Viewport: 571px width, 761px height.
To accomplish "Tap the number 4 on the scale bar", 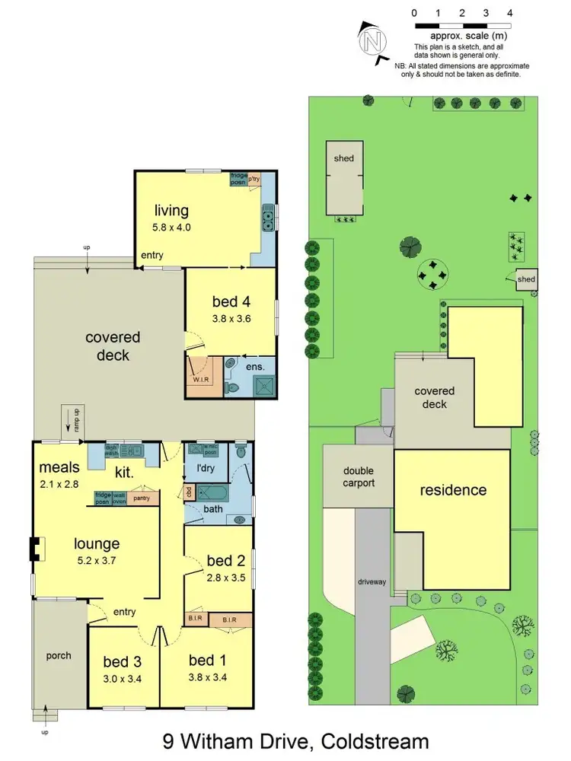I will point(509,13).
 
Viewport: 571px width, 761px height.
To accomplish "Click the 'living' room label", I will point(171,211).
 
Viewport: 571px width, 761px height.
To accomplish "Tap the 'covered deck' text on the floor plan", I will point(113,346).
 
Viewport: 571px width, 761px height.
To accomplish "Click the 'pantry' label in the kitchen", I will point(141,498).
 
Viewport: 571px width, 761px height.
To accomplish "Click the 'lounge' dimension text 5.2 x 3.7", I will point(97,561).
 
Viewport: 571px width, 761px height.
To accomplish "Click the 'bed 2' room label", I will point(219,562).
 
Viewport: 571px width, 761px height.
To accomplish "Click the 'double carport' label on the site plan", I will point(358,477).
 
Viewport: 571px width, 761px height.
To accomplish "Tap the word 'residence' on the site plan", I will point(453,490).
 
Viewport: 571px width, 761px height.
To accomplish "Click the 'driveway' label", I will point(373,582).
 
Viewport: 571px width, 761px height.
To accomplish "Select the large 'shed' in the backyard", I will point(343,177).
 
